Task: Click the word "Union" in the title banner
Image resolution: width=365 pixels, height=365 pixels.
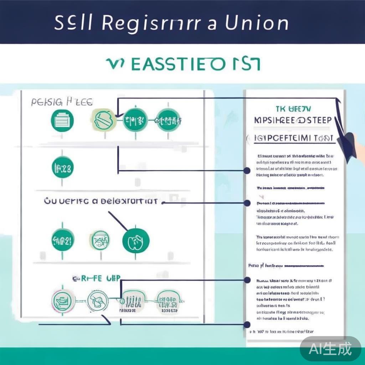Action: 257,24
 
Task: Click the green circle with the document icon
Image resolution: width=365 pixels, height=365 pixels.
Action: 63,120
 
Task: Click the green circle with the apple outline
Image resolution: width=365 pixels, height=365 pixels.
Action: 135,241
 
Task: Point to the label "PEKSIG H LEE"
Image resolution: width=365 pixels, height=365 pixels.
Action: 62,102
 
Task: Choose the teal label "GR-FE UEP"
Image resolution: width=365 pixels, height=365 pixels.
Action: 96,278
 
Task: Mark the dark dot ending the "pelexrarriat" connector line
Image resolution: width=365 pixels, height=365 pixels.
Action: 247,203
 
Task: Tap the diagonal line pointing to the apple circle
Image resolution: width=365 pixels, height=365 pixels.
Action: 118,220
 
